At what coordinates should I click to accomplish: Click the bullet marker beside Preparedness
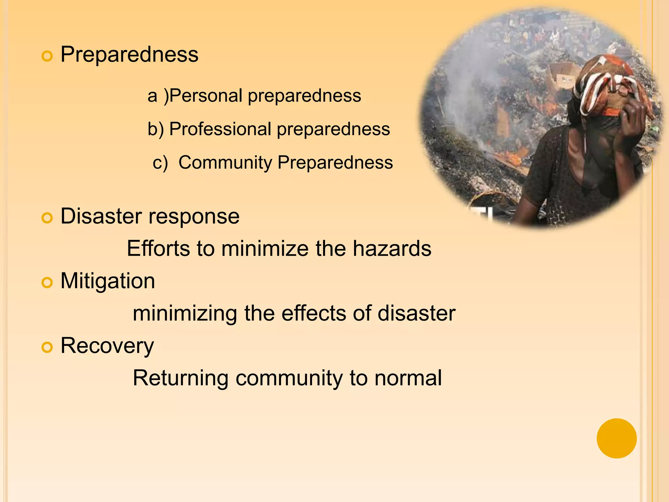[x=47, y=56]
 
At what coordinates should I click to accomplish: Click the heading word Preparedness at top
[x=129, y=54]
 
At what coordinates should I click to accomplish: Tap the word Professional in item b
[x=220, y=129]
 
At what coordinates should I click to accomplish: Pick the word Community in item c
[x=225, y=162]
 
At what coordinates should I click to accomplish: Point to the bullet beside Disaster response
[x=47, y=218]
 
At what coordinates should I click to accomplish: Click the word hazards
[x=392, y=248]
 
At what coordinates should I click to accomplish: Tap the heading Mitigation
[x=108, y=281]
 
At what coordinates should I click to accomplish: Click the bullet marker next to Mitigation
[x=47, y=283]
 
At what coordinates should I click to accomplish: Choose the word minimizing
[x=185, y=313]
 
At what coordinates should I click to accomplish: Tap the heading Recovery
[x=107, y=346]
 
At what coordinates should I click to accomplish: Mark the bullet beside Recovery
[x=47, y=347]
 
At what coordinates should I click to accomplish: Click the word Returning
[x=180, y=378]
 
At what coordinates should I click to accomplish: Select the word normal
[x=408, y=378]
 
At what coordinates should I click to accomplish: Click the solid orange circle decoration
[x=616, y=438]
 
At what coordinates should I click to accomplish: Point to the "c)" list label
[x=160, y=162]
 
